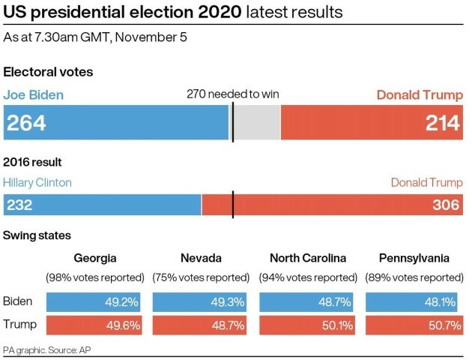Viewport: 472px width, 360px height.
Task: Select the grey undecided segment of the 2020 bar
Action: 257,123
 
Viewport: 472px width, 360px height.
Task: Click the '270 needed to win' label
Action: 233,94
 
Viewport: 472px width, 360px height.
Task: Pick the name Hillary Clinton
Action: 37,182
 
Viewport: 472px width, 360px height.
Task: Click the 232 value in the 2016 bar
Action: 20,205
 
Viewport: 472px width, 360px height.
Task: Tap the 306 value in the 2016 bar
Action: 446,205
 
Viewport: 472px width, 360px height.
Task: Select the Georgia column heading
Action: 94,258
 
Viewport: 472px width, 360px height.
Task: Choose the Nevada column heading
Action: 201,258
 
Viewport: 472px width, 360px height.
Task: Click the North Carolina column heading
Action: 307,258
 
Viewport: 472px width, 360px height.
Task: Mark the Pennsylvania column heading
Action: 413,258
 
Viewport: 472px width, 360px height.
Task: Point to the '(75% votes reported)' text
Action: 201,277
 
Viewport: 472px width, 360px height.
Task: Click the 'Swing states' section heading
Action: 37,235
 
